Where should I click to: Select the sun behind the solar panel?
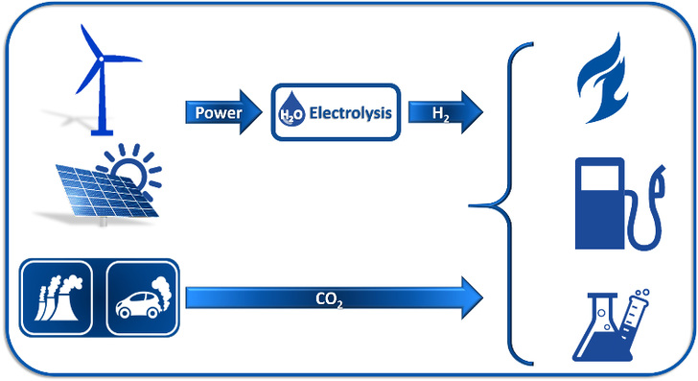point(134,166)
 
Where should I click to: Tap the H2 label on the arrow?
point(438,113)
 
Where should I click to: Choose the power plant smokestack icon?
point(56,298)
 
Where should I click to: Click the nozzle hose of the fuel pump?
point(649,206)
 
